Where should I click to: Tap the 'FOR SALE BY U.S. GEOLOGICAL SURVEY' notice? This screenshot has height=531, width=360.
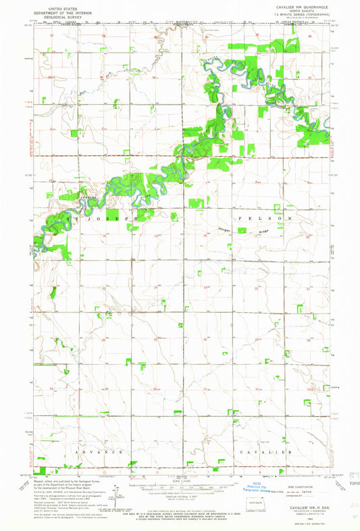click(179, 508)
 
